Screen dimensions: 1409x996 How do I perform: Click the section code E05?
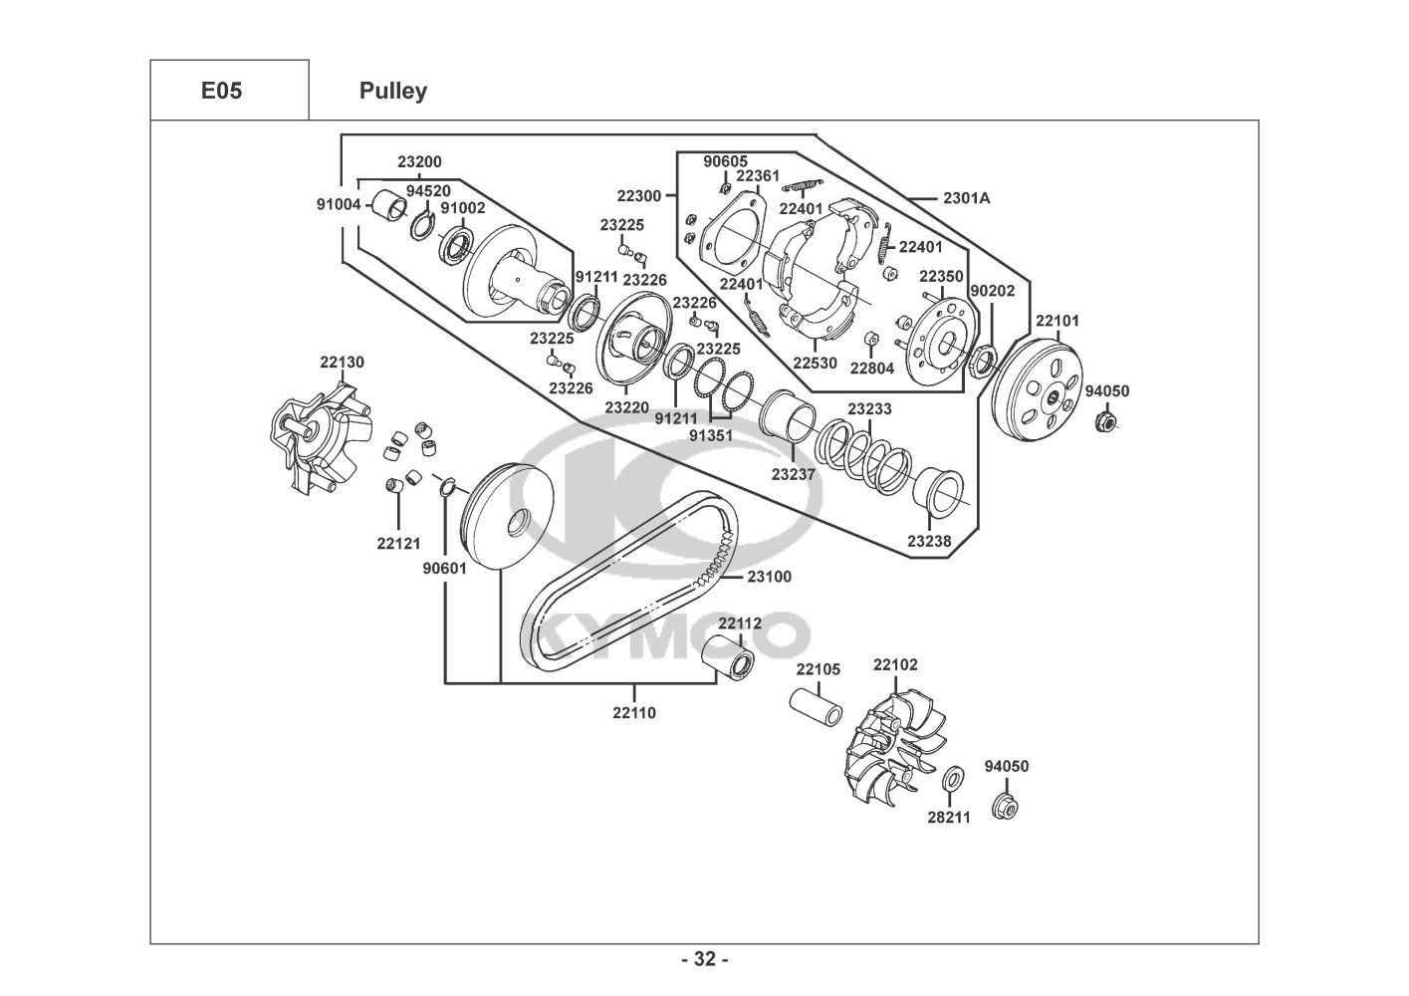[x=221, y=92]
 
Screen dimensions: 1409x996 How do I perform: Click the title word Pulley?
[x=393, y=92]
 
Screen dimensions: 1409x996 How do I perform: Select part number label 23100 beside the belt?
[x=770, y=577]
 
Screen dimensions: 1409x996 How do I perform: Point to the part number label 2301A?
[x=967, y=198]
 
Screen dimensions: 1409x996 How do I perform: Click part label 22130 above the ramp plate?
[x=343, y=363]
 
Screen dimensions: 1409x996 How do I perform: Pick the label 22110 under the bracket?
[x=634, y=713]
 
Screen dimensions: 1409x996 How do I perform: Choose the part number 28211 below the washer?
[x=949, y=818]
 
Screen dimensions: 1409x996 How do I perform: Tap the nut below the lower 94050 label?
[x=1005, y=806]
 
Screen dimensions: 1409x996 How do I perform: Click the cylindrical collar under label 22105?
[x=817, y=707]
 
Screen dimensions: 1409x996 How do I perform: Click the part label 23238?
[x=929, y=541]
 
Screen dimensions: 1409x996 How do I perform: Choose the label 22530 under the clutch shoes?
[x=815, y=363]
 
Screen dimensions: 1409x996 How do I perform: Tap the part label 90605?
[x=725, y=161]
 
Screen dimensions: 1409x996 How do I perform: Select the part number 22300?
[x=639, y=196]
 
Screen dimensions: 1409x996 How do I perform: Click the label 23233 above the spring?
[x=870, y=409]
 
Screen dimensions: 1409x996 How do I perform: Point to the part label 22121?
[x=398, y=544]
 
